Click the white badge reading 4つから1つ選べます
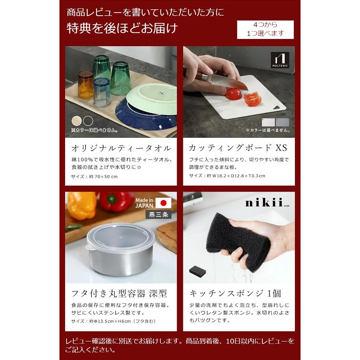tap(265, 29)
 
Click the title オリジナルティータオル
tap(121, 147)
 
